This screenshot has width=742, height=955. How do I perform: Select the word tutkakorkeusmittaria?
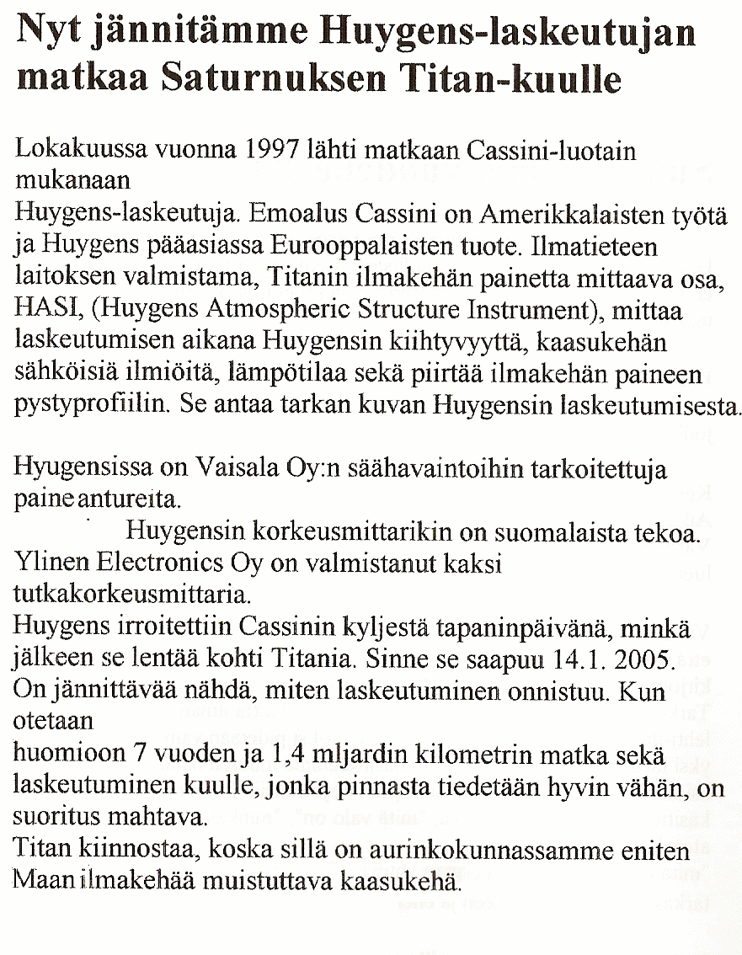tap(132, 595)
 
